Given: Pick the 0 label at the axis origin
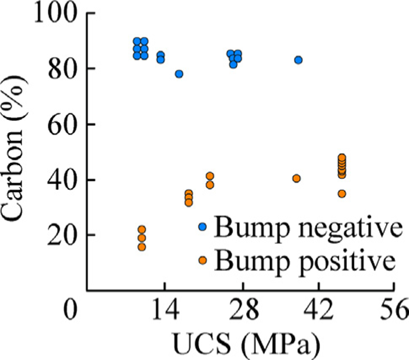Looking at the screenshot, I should pyautogui.click(x=70, y=310).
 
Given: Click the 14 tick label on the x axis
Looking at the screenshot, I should pyautogui.click(x=165, y=310).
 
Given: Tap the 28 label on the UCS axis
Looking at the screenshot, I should pyautogui.click(x=243, y=310).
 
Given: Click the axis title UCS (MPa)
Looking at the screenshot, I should pyautogui.click(x=246, y=345).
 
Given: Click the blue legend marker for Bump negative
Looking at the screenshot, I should pyautogui.click(x=202, y=227).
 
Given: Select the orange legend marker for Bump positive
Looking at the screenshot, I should pyautogui.click(x=202, y=260).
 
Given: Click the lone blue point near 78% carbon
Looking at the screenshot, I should pyautogui.click(x=179, y=74).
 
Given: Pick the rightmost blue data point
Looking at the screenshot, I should pyautogui.click(x=298, y=60).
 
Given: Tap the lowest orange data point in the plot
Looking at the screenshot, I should pyautogui.click(x=142, y=247).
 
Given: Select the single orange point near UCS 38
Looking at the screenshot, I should pyautogui.click(x=297, y=178).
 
